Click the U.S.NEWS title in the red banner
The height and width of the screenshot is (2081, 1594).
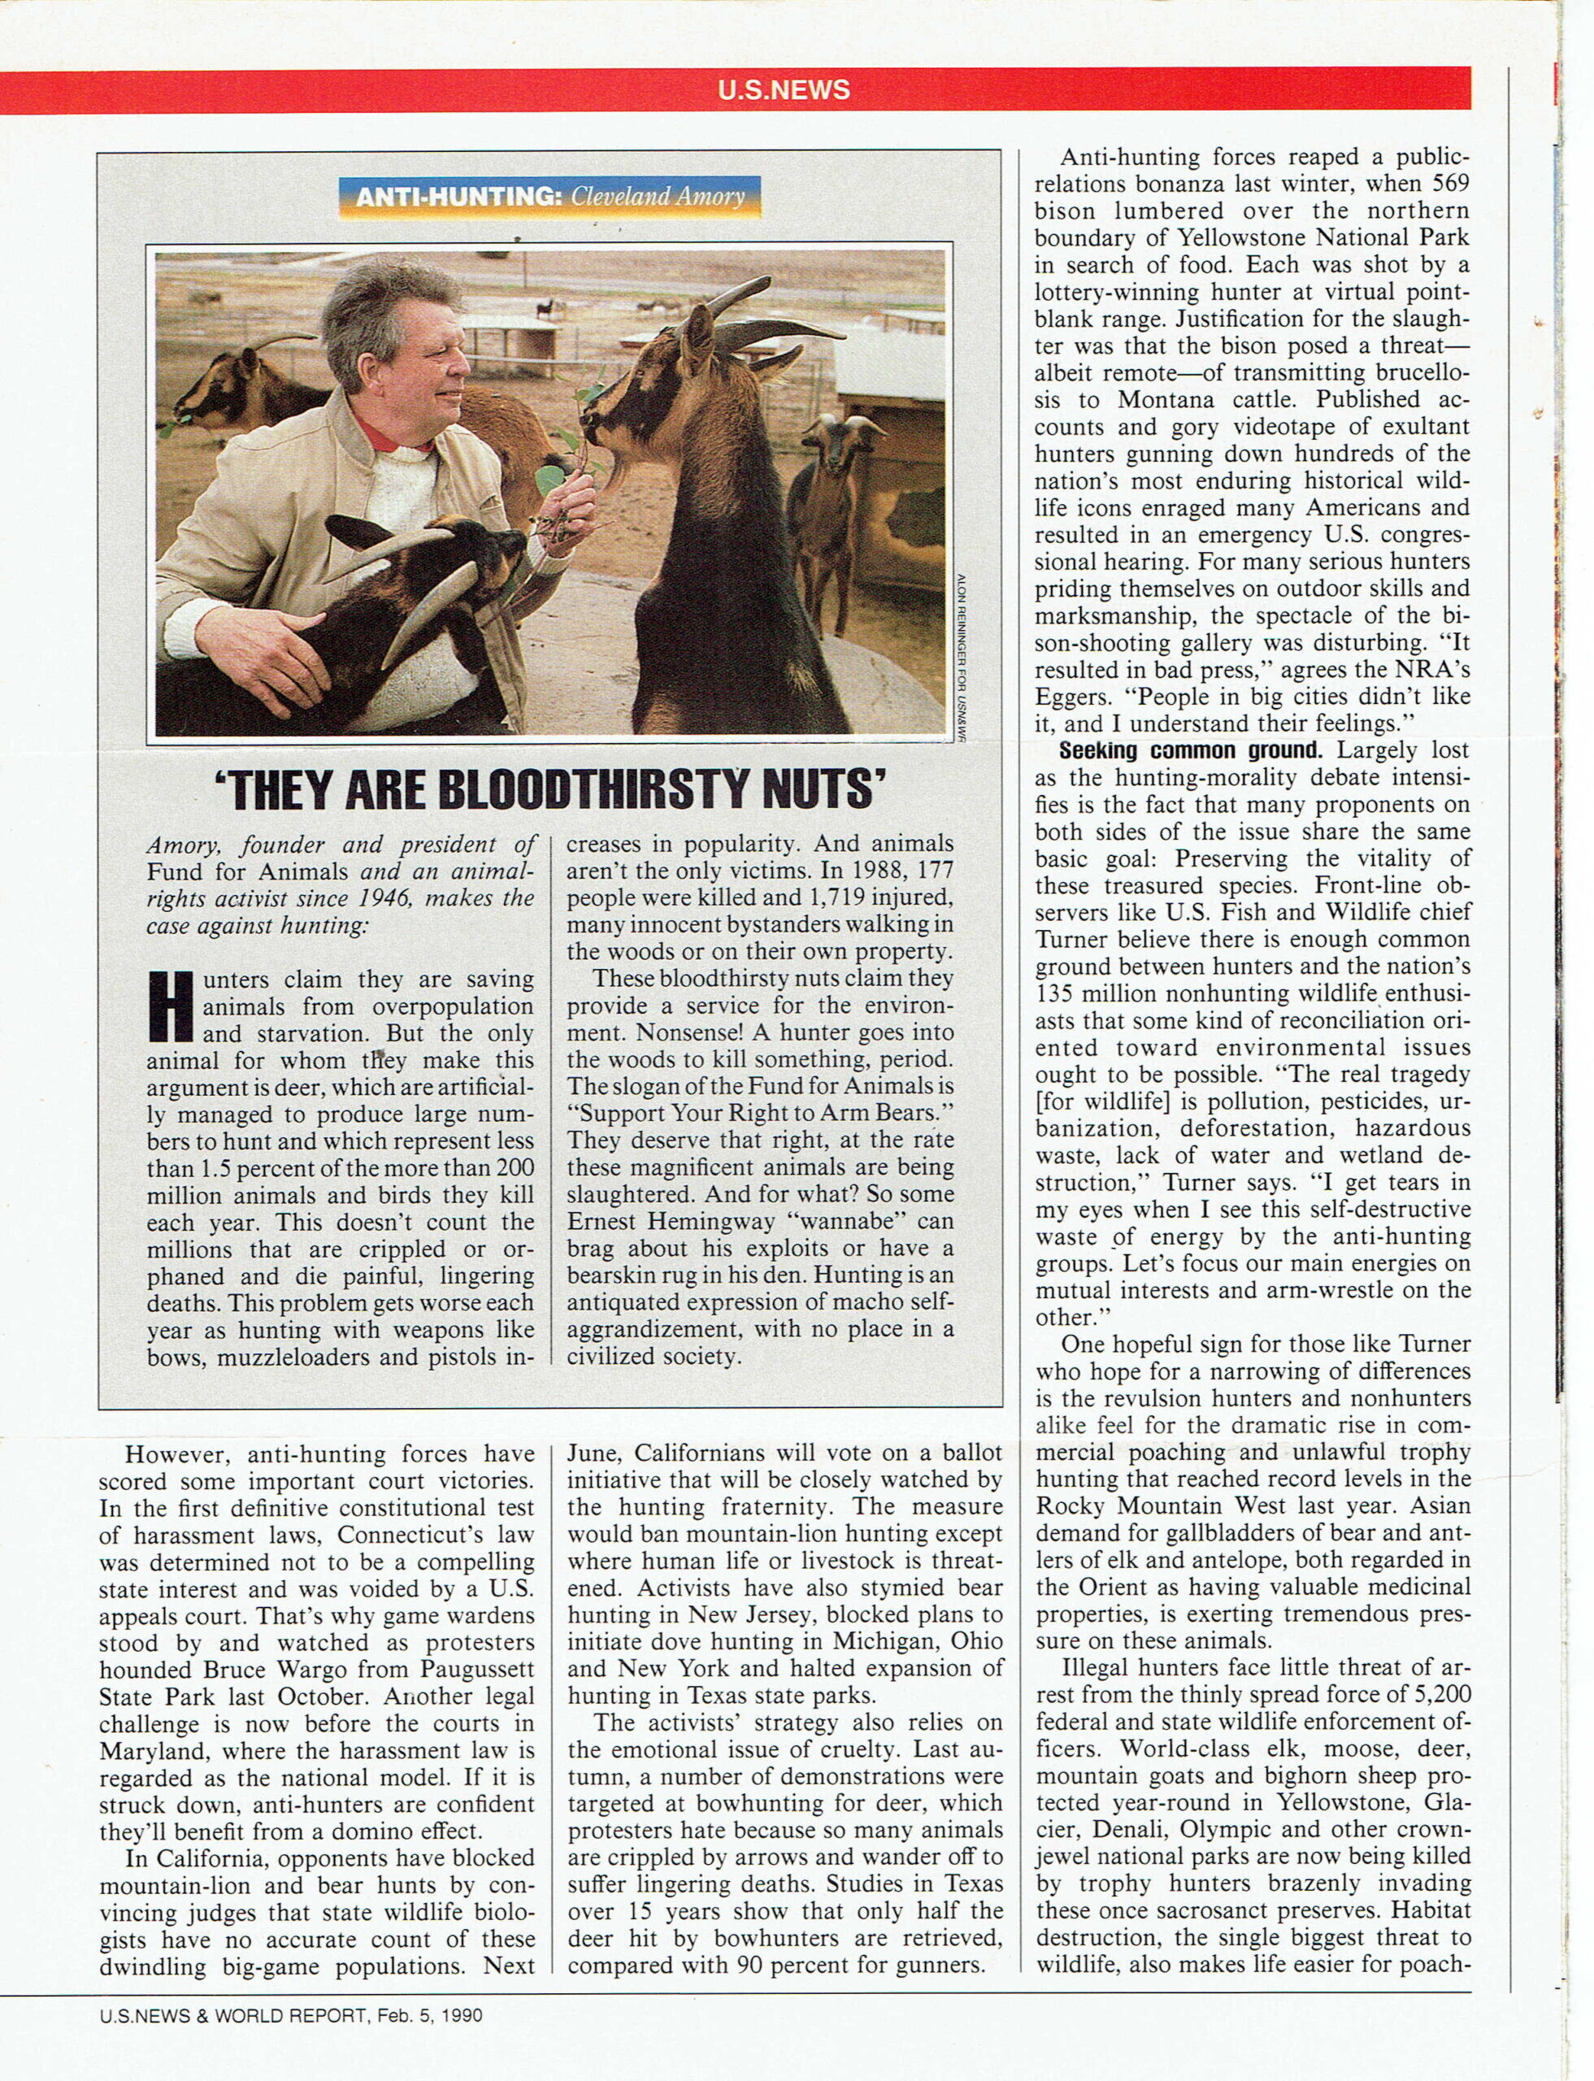click(x=784, y=90)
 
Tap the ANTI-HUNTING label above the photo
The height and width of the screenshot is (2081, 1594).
click(x=458, y=198)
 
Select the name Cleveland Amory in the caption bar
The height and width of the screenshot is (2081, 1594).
click(x=658, y=198)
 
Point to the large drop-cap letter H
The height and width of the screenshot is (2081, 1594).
click(x=171, y=1006)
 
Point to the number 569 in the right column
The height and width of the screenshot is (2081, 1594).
click(x=1450, y=184)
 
